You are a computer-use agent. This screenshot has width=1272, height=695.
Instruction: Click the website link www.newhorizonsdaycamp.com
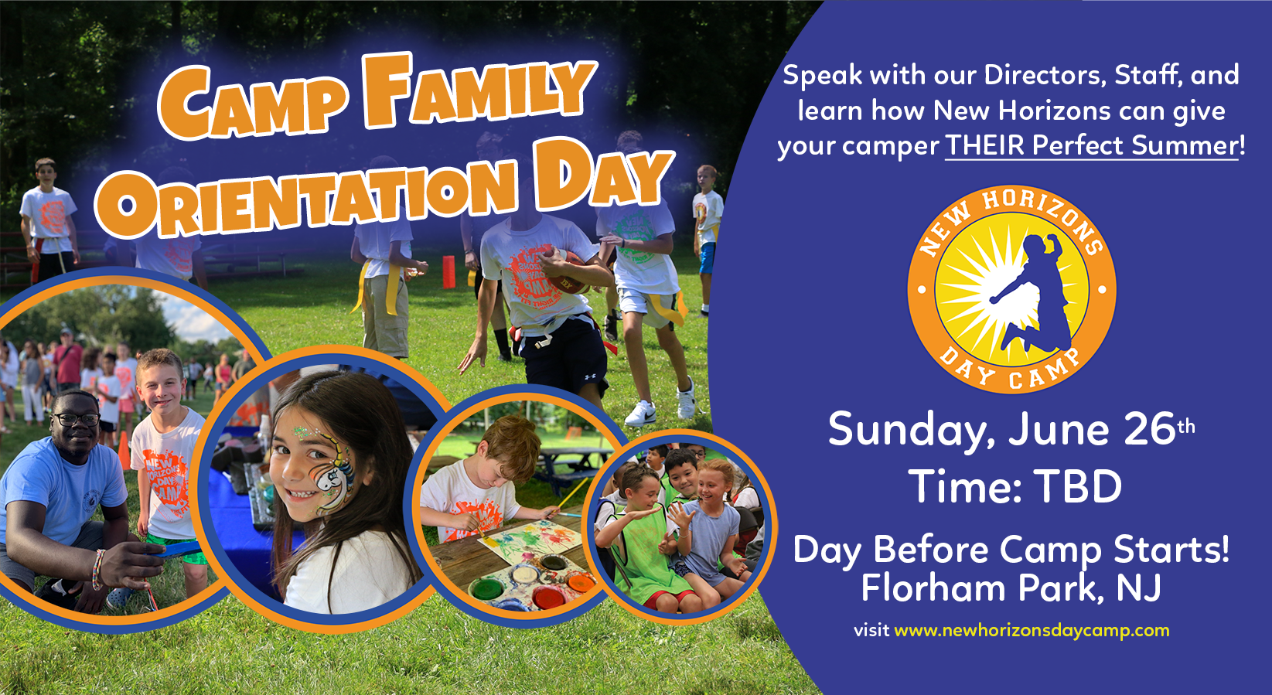coord(1032,630)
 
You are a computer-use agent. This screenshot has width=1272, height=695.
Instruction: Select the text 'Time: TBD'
coord(1015,487)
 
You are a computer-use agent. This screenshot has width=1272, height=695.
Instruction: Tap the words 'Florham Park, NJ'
coord(1011,588)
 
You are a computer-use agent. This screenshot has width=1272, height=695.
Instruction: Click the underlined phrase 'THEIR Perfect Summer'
coord(1092,145)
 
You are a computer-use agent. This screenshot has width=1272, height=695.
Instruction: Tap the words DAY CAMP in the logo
coord(1009,370)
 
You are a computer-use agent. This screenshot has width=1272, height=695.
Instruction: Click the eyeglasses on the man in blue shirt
coord(75,420)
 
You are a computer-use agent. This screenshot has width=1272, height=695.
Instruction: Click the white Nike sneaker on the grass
coord(640,414)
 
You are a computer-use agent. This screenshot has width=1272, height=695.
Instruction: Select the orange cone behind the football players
coord(448,271)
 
